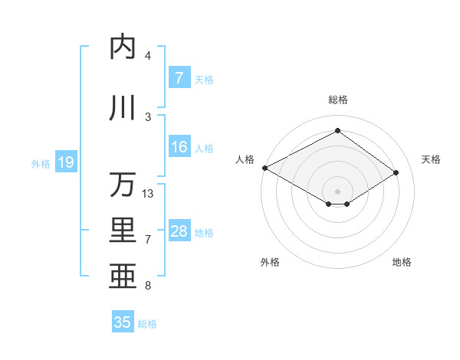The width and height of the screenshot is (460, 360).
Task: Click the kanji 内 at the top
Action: point(122,47)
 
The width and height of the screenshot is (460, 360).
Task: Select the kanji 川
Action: point(122,108)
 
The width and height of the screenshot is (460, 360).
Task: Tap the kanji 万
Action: point(122,185)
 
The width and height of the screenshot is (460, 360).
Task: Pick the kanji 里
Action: point(122,231)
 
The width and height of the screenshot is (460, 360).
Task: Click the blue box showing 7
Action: point(179,78)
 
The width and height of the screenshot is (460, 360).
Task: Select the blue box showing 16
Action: point(179,147)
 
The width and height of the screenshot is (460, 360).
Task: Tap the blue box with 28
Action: point(179,231)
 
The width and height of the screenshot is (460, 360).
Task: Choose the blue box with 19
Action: point(65,162)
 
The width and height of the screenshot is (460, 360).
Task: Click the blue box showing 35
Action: point(122,322)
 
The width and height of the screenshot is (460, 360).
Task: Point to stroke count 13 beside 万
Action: point(148,194)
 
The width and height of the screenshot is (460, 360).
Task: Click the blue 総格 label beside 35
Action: point(147,323)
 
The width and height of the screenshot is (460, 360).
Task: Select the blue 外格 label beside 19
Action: point(41,163)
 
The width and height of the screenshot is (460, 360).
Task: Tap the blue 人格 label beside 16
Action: point(204,148)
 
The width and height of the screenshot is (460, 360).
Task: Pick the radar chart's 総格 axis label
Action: point(337,100)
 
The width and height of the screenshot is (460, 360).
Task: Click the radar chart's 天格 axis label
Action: point(431,159)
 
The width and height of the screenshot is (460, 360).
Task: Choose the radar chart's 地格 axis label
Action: point(402,263)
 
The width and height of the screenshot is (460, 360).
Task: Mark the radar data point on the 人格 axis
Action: point(264,168)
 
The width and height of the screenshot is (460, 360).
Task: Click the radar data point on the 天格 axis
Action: point(396,172)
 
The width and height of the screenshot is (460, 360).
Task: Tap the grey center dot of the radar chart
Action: point(337,191)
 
